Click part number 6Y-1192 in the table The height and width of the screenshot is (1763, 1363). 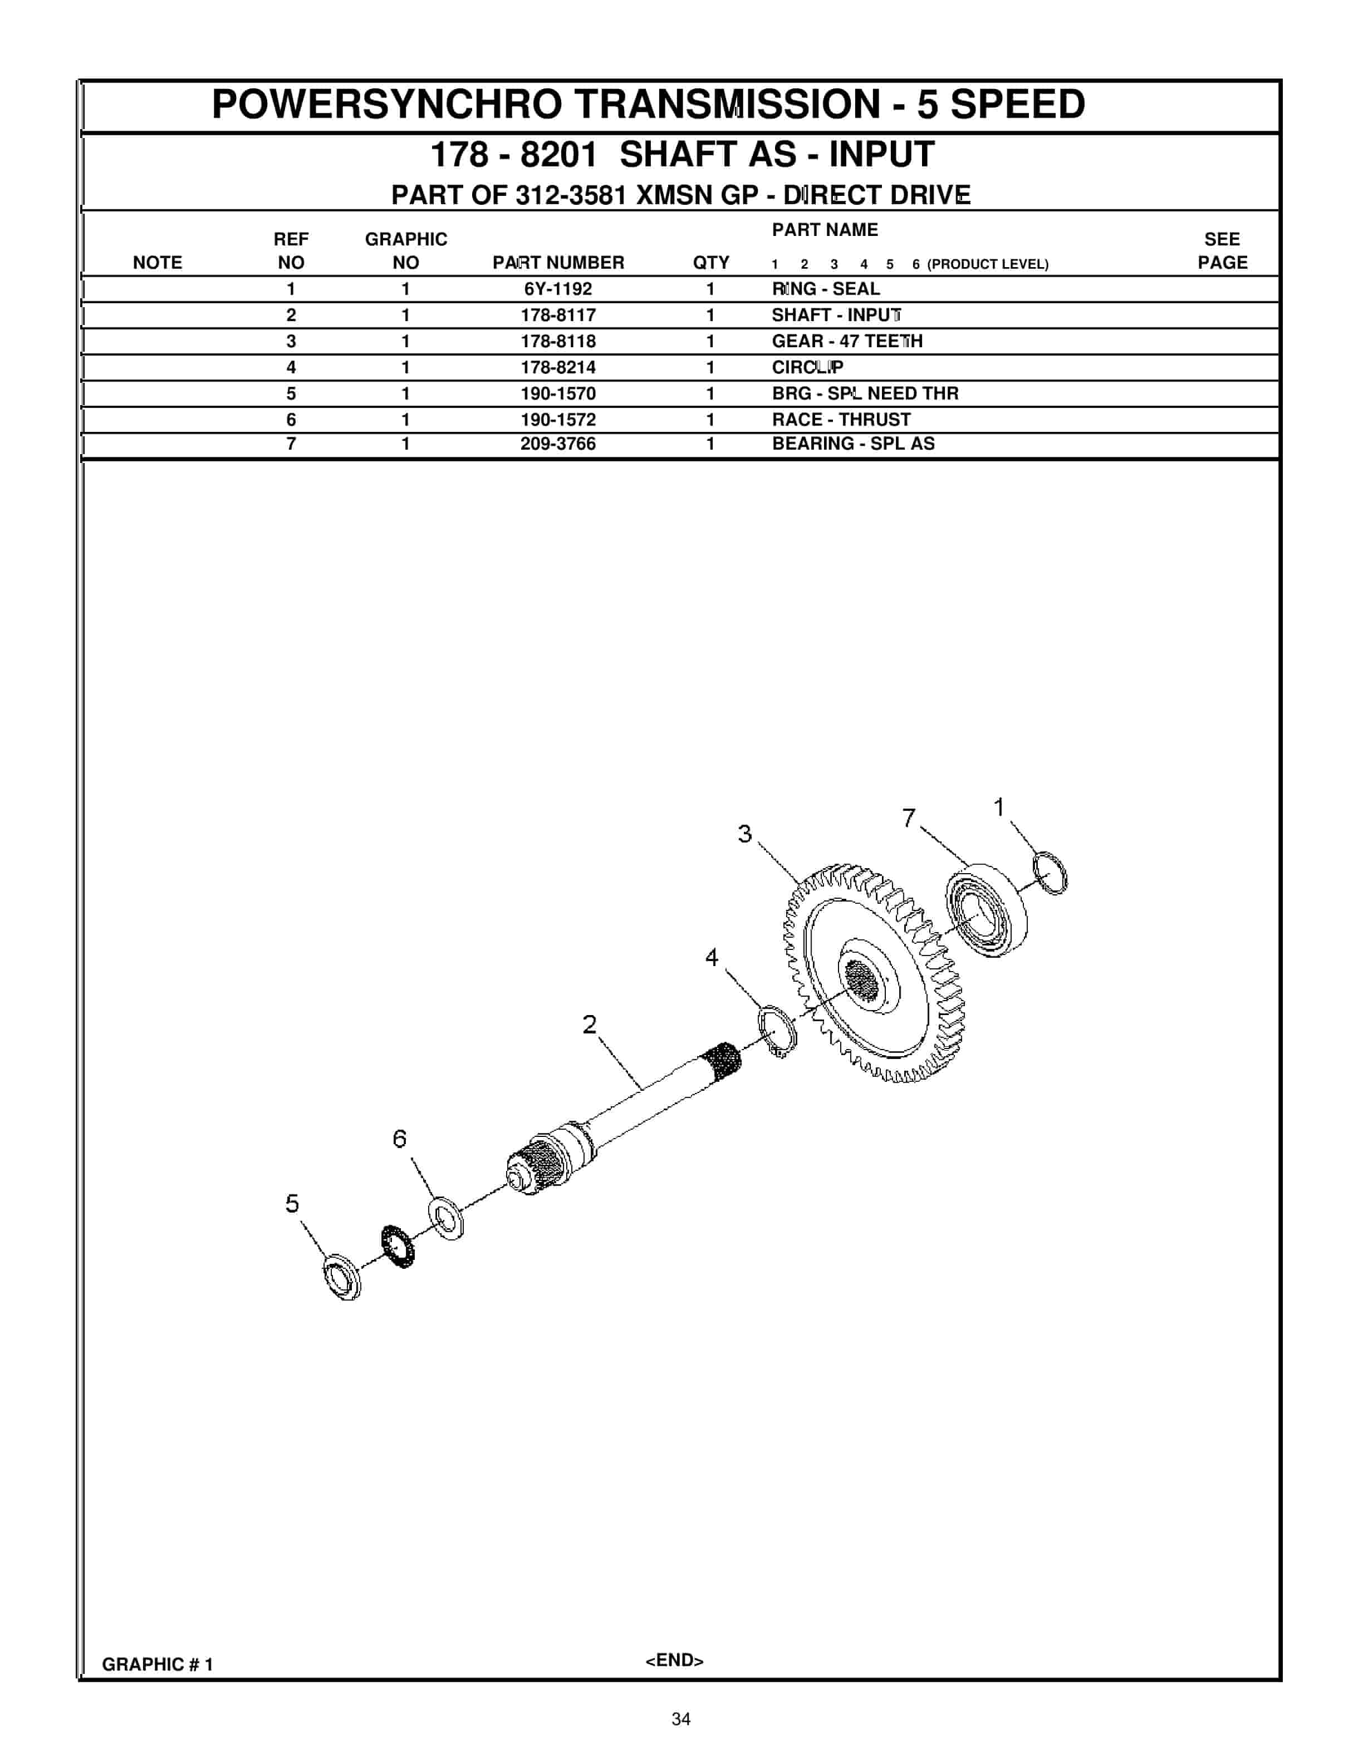[x=557, y=289]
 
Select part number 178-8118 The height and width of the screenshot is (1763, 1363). [x=557, y=342]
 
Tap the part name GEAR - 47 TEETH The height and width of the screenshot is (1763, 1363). [x=846, y=342]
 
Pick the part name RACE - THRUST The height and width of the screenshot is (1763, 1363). [x=841, y=420]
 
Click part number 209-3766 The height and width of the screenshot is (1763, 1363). [x=557, y=444]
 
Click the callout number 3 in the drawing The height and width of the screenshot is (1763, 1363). [x=744, y=834]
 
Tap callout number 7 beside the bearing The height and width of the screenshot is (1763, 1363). [x=909, y=818]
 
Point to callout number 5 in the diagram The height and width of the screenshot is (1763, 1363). [x=292, y=1204]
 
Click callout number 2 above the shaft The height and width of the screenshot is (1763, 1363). [x=590, y=1025]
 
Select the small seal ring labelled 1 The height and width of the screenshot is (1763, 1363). [x=1050, y=873]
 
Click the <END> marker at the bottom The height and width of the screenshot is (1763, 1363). [x=674, y=1661]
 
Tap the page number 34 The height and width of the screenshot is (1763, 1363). [x=681, y=1720]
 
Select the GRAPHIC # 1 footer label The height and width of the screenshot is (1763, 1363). [x=158, y=1664]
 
